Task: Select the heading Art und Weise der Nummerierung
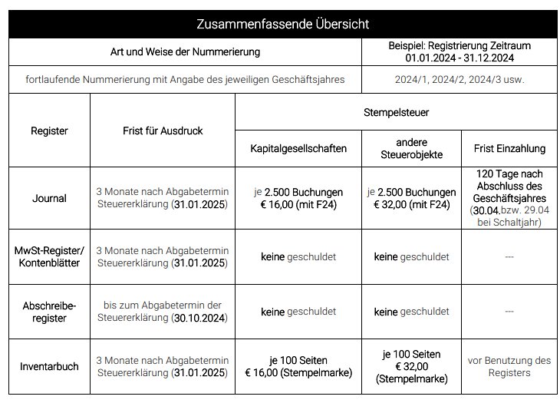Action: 185,52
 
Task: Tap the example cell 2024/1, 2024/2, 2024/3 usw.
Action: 459,80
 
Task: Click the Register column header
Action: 49,130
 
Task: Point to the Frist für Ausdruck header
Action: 163,130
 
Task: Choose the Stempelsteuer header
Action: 396,112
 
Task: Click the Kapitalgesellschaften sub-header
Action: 298,148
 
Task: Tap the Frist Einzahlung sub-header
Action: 509,148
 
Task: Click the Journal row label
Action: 49,198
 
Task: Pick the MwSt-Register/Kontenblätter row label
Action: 49,257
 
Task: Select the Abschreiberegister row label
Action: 49,312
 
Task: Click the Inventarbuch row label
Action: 49,366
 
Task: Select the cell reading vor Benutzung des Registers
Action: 509,366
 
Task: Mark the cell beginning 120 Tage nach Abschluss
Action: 509,198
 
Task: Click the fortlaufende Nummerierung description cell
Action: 185,80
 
